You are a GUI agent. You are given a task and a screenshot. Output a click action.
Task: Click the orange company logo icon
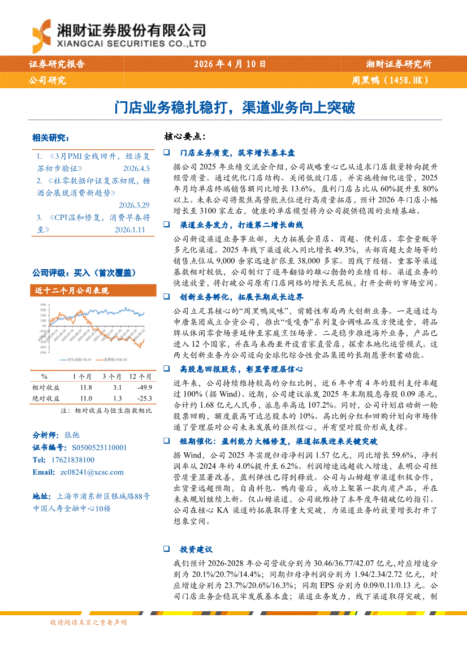point(43,34)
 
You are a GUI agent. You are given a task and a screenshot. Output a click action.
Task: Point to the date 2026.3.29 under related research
point(134,205)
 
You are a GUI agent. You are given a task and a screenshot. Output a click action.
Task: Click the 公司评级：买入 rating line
point(83,273)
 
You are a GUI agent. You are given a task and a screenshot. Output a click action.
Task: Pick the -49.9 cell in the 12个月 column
point(144,387)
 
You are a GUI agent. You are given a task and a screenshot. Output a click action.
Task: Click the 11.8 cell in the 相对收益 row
point(86,387)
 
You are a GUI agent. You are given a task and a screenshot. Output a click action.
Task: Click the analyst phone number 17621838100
point(71,460)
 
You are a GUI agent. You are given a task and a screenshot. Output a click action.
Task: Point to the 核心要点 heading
point(183,136)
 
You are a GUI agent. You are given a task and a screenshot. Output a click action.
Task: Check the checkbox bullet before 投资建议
point(166,549)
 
